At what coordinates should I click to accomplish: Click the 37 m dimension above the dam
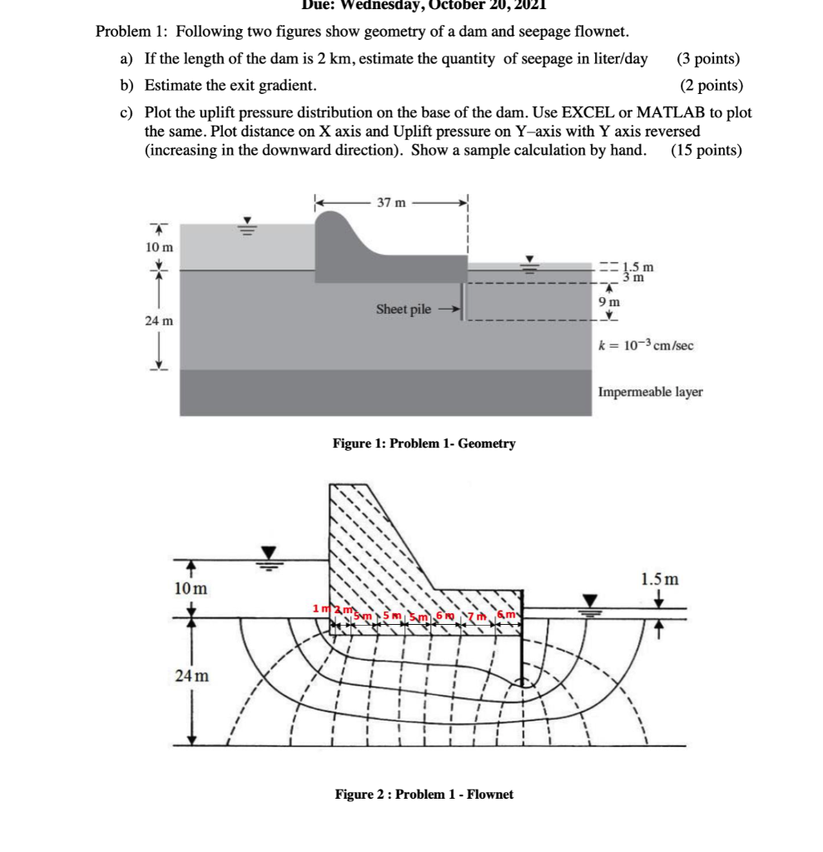[x=391, y=202]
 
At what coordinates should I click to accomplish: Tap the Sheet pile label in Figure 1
[x=404, y=310]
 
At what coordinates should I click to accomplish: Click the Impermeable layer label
[x=650, y=392]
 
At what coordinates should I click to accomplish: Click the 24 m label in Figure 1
[x=159, y=320]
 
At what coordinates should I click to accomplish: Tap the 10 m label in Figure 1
[x=159, y=247]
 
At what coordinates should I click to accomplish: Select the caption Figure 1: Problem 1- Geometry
[x=424, y=443]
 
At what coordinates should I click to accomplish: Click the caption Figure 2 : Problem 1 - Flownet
[x=424, y=795]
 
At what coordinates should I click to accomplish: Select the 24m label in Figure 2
[x=192, y=676]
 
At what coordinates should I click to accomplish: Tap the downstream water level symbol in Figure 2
[x=591, y=603]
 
